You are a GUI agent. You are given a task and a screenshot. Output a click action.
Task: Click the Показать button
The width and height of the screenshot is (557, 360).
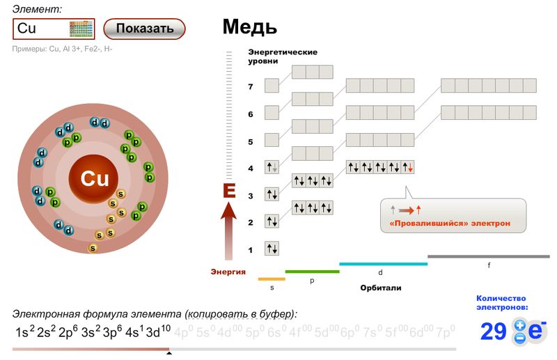(x=144, y=29)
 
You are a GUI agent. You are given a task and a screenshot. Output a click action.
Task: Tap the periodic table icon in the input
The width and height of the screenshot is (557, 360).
(x=81, y=29)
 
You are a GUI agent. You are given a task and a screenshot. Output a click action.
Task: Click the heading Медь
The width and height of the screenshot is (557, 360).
(x=249, y=27)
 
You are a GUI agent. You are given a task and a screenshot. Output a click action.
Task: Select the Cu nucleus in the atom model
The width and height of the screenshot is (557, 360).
(x=95, y=179)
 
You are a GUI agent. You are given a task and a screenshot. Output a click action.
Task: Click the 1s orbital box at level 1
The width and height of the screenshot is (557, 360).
(x=272, y=249)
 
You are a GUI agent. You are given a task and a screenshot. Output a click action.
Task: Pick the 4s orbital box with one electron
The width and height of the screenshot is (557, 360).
(x=272, y=168)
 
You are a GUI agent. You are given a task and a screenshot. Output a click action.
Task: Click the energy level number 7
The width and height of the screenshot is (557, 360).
(x=251, y=87)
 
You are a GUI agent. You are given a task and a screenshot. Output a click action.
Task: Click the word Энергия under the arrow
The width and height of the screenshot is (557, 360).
(x=228, y=272)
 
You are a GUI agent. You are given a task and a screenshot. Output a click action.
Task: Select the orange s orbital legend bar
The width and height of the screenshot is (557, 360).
(x=272, y=279)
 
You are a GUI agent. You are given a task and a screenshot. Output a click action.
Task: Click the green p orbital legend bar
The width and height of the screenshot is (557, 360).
(x=311, y=272)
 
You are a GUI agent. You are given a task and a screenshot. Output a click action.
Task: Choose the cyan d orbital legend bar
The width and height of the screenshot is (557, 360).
(x=383, y=264)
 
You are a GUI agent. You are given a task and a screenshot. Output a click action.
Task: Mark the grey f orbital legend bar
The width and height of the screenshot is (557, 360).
(x=489, y=256)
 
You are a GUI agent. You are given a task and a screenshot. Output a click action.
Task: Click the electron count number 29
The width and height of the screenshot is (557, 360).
(x=494, y=331)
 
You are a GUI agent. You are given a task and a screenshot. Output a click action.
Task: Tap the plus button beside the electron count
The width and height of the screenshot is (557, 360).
(x=519, y=324)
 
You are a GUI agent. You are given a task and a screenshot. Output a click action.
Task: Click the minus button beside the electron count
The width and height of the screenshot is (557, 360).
(x=519, y=338)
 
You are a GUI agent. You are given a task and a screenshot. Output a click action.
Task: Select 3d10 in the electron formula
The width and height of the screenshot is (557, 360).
(x=158, y=331)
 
